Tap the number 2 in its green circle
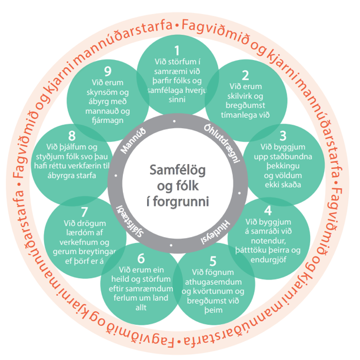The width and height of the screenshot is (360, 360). [245, 75]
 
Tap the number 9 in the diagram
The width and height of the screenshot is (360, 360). [108, 71]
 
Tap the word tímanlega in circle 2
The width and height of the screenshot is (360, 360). [238, 115]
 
